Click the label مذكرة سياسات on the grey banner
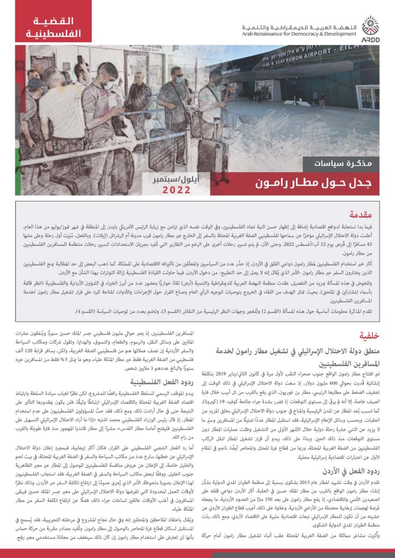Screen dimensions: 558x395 pos(337,162)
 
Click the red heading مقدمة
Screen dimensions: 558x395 pos(364,214)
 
